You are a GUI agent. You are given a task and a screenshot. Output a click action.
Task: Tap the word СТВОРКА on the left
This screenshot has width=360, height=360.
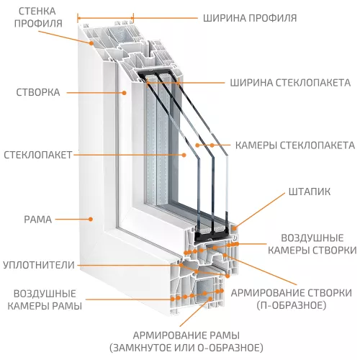pyautogui.click(x=40, y=92)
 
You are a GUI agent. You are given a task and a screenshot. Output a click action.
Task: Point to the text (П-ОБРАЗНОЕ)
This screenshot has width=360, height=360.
pyautogui.click(x=291, y=305)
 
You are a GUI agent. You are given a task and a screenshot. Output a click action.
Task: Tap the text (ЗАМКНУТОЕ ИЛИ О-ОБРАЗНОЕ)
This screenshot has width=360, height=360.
pyautogui.click(x=186, y=347)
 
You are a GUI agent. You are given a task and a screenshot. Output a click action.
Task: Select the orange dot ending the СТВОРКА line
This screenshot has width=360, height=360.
pyautogui.click(x=124, y=92)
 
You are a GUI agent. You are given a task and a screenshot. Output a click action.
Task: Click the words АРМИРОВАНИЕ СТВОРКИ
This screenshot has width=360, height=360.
pyautogui.click(x=291, y=293)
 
